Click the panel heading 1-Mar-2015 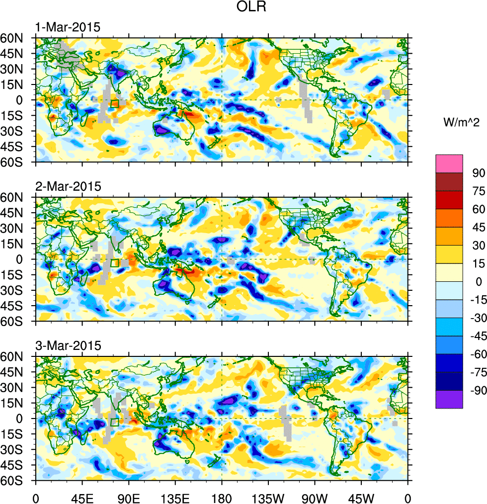pos(68,27)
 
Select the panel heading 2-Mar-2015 pos(68,186)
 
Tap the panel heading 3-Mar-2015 pos(68,345)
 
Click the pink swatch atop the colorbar pos(449,164)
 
